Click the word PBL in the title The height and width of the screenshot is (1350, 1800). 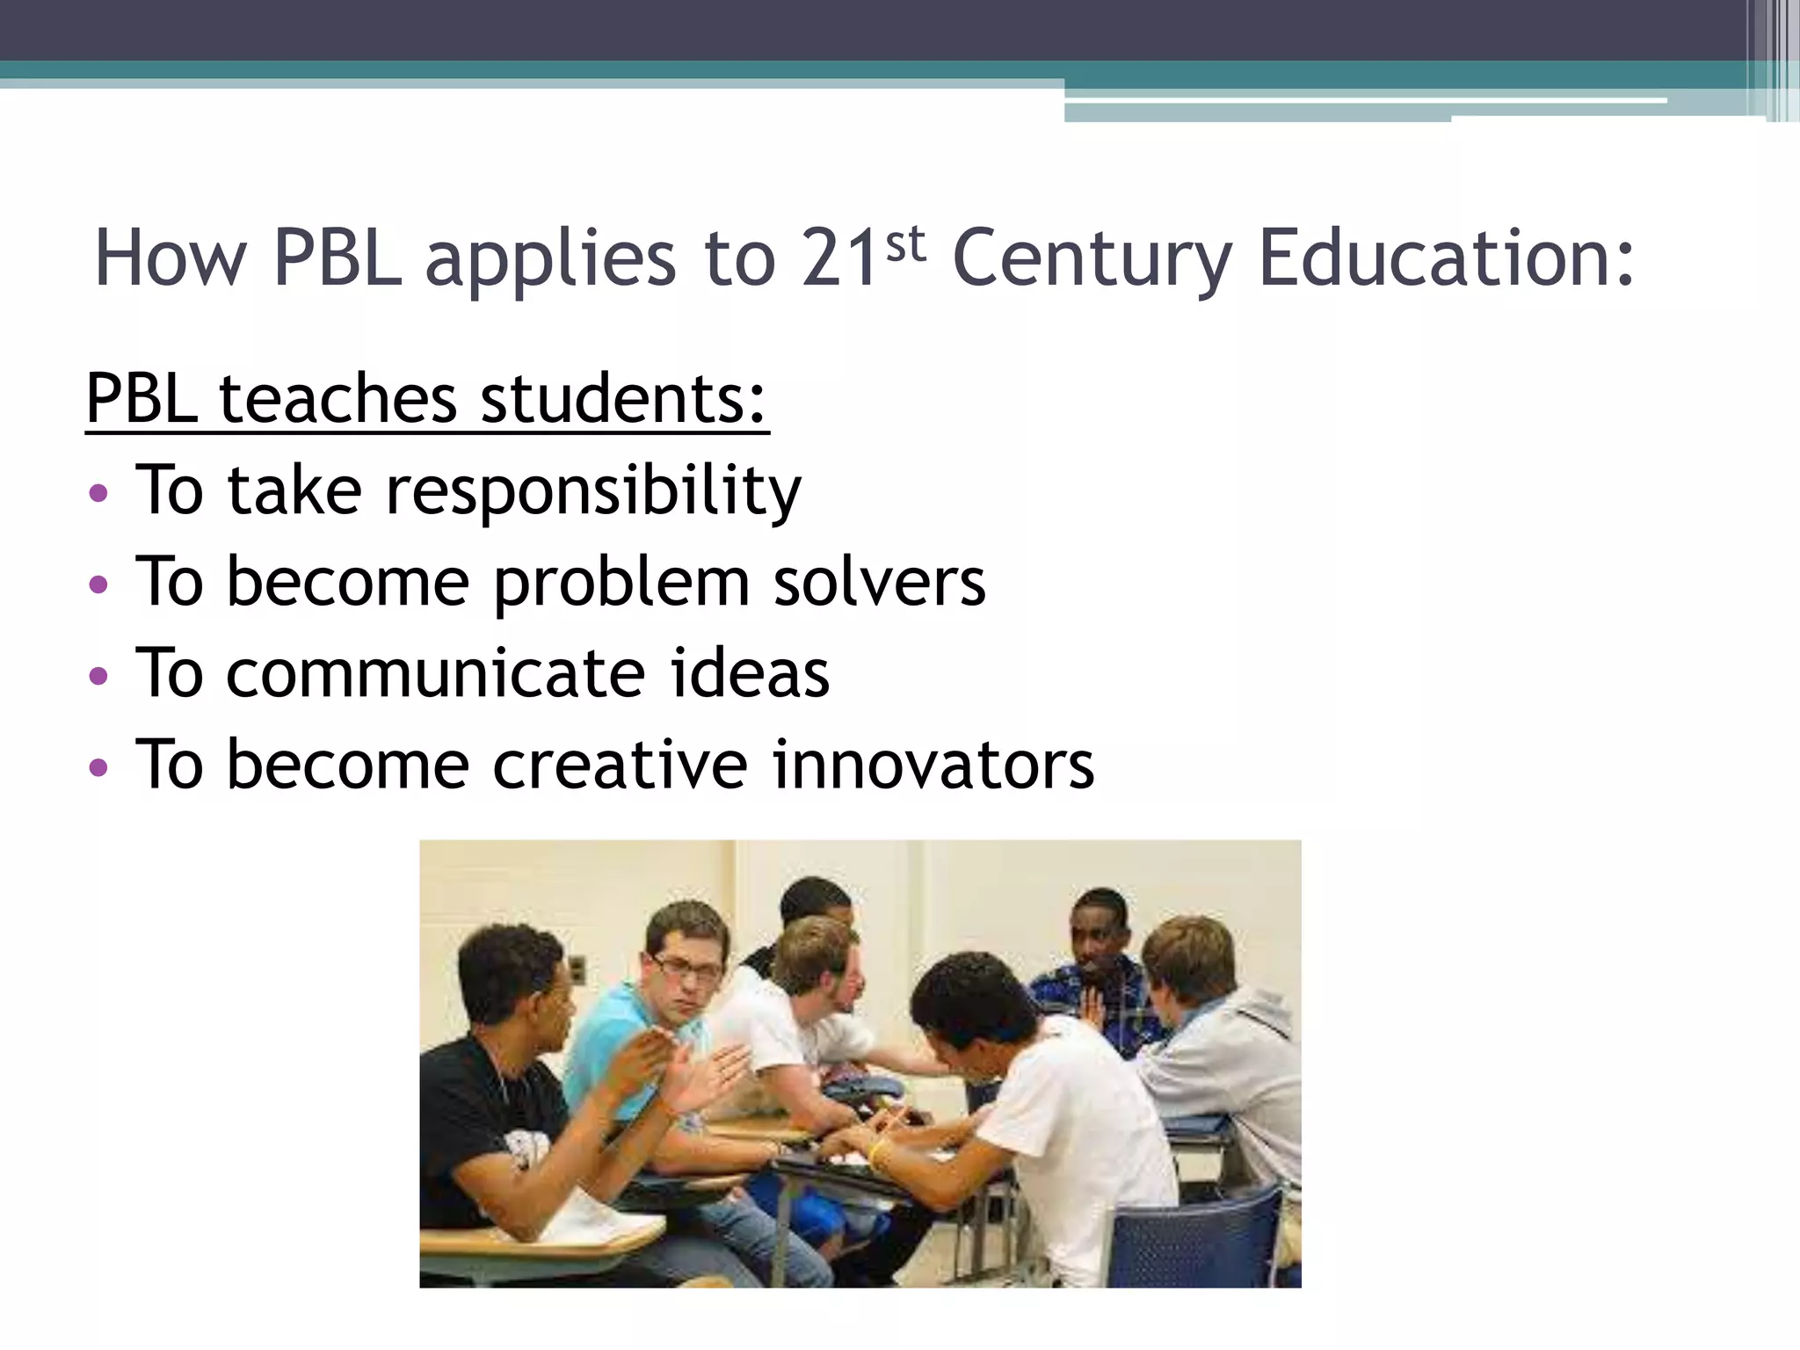337,258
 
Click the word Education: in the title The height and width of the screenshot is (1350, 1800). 1447,258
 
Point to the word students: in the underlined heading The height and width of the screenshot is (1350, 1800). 623,399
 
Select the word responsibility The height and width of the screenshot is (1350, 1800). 593,492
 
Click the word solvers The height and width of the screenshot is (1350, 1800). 879,583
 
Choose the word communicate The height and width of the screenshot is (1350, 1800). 435,674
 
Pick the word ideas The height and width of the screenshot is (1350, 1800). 749,674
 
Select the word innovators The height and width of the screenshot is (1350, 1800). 933,766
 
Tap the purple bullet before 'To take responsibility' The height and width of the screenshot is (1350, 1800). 98,492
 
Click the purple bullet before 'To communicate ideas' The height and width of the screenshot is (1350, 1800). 98,675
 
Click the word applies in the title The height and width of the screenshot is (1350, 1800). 550,260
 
